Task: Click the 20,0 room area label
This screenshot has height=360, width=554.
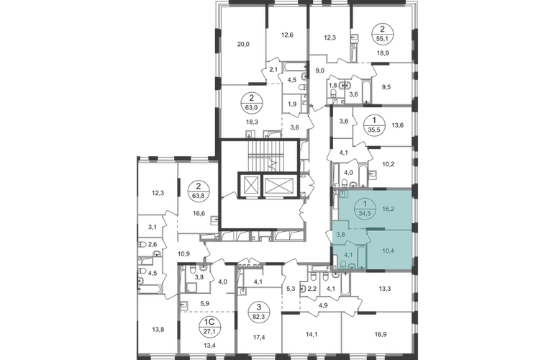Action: click(x=243, y=44)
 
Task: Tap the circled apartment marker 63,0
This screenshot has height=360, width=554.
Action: click(x=251, y=102)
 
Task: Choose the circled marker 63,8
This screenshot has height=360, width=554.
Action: click(x=198, y=190)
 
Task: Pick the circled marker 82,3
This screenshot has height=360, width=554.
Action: click(x=259, y=311)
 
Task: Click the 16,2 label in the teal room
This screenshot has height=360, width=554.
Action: click(x=388, y=209)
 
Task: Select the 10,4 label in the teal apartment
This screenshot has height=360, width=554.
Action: click(x=388, y=251)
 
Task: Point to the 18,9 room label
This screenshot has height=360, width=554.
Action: click(x=383, y=53)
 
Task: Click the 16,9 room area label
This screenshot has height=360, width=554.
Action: click(x=380, y=333)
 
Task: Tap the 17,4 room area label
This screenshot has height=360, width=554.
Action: click(x=259, y=338)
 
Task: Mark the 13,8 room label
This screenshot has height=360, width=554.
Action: click(x=158, y=330)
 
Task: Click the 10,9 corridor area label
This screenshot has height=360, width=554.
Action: click(x=184, y=253)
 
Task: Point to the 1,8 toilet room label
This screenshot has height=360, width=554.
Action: click(x=333, y=85)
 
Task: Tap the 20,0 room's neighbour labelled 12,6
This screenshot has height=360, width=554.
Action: click(x=288, y=35)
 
